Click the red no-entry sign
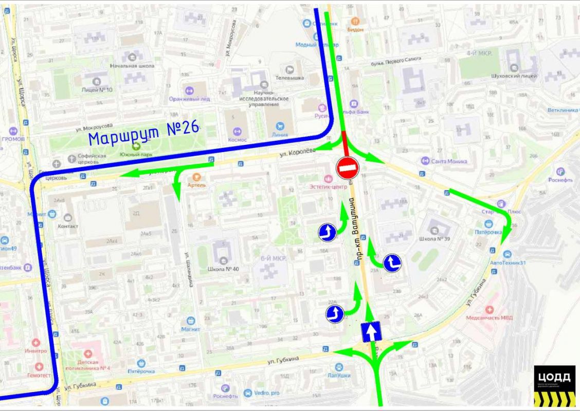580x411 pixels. (x=347, y=167)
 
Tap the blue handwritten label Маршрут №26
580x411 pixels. (x=143, y=133)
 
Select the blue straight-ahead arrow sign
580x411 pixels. (x=371, y=332)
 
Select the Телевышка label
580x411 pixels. (x=290, y=78)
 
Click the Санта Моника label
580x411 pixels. (x=449, y=161)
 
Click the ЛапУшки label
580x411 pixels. (x=338, y=375)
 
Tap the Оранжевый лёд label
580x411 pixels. (x=190, y=99)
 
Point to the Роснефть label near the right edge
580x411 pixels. (x=560, y=180)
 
